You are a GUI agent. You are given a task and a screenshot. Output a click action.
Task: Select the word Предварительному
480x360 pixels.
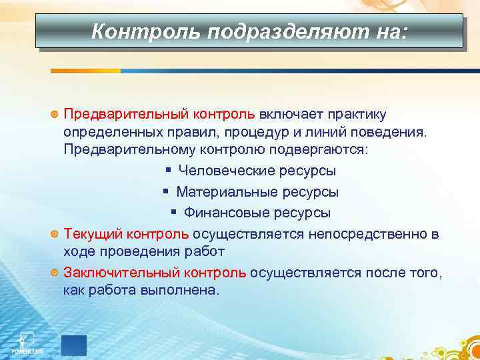pos(124,149)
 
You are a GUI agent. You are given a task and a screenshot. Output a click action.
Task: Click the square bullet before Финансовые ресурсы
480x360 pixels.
pos(173,213)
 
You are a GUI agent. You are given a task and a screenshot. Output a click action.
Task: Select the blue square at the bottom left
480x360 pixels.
pos(74,345)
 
